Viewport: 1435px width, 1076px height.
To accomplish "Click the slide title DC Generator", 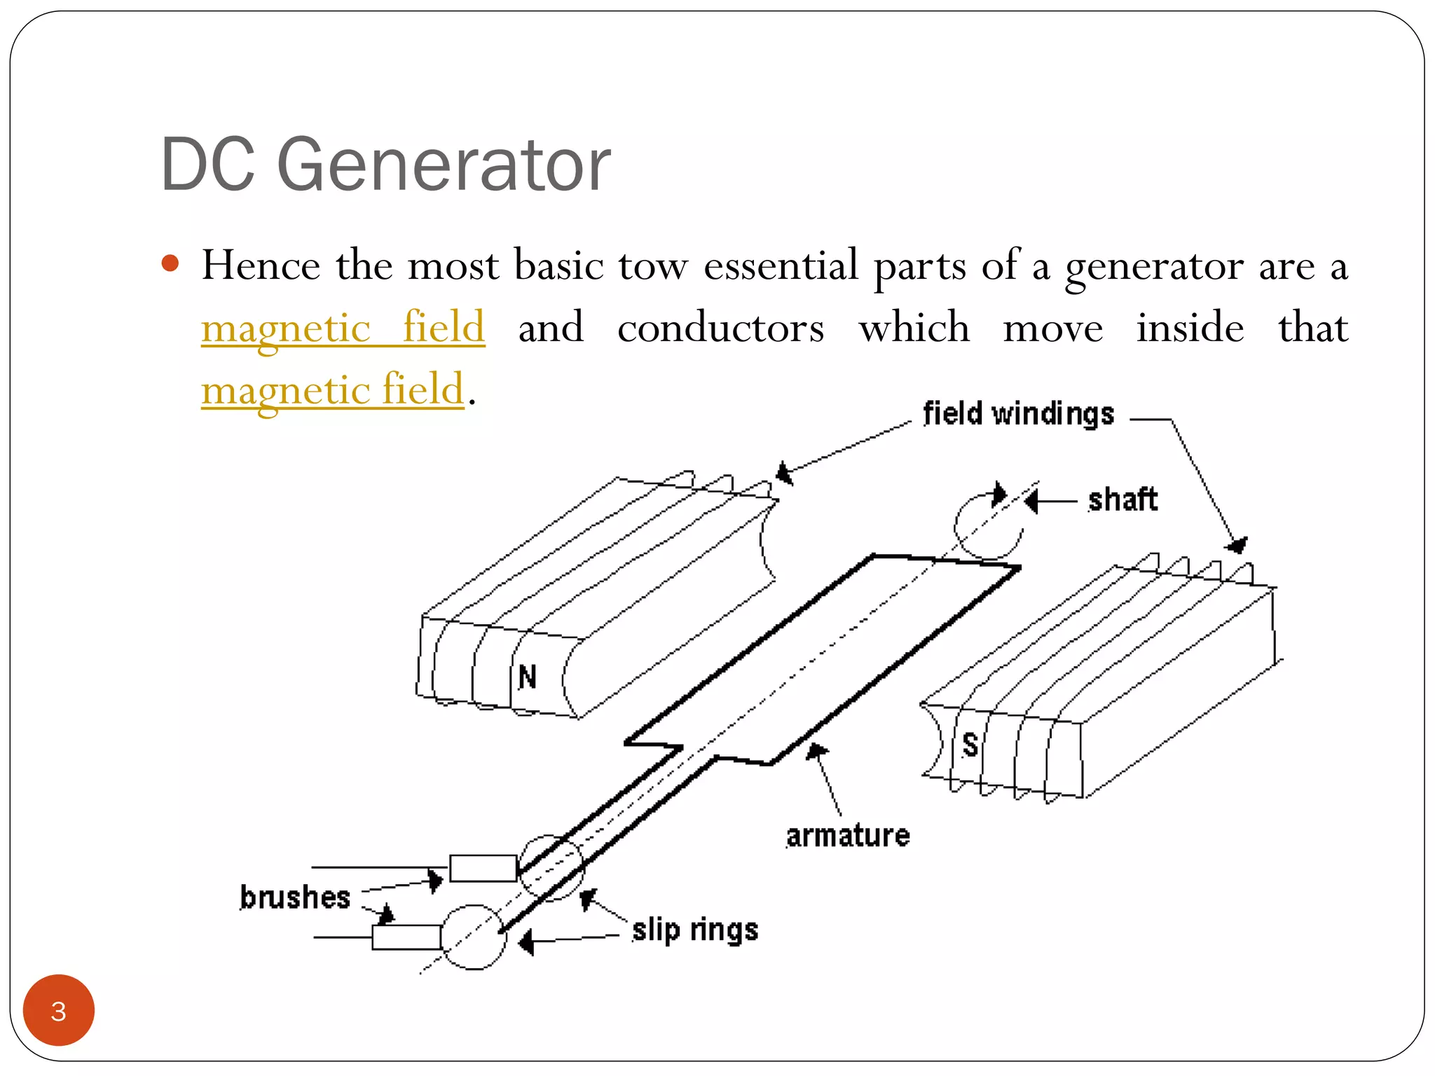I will pyautogui.click(x=385, y=165).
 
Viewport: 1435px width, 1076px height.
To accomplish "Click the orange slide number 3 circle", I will pyautogui.click(x=59, y=1010).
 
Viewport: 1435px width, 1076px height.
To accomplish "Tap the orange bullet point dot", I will pyautogui.click(x=170, y=263).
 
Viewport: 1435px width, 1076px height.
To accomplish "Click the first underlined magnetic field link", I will pyautogui.click(x=343, y=327).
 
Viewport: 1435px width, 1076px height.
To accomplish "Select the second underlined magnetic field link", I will pyautogui.click(x=333, y=389).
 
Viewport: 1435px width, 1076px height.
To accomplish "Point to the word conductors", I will pyautogui.click(x=720, y=327).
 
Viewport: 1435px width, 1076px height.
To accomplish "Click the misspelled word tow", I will pyautogui.click(x=653, y=265).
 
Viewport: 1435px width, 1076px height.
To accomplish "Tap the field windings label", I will pyautogui.click(x=1018, y=414).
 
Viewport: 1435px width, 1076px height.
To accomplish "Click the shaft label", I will pyautogui.click(x=1122, y=500).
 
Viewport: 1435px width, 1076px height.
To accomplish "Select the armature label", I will pyautogui.click(x=848, y=836).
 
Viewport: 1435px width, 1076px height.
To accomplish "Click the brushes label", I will pyautogui.click(x=295, y=897).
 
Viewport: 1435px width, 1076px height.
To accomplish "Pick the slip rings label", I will pyautogui.click(x=695, y=930).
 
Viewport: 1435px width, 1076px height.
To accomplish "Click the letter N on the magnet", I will pyautogui.click(x=528, y=677).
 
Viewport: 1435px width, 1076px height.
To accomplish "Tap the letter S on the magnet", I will pyautogui.click(x=970, y=744).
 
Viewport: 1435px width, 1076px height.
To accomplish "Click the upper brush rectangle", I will pyautogui.click(x=483, y=868).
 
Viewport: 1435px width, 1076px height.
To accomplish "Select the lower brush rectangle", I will pyautogui.click(x=406, y=937).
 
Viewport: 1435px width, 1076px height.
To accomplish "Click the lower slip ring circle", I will pyautogui.click(x=474, y=937).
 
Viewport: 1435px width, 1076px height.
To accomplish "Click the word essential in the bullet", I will pyautogui.click(x=781, y=265).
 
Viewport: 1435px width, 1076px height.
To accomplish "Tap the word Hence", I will pyautogui.click(x=261, y=265).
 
